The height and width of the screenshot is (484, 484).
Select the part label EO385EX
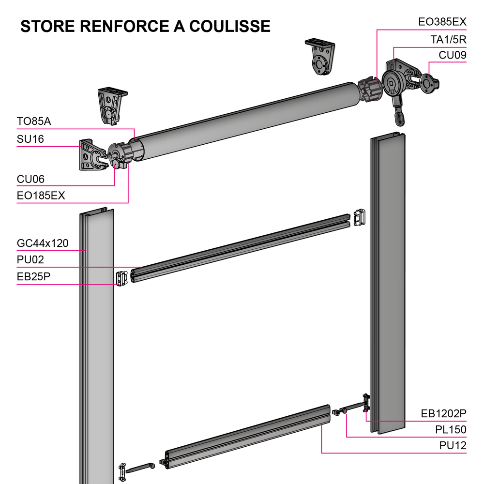point(442,22)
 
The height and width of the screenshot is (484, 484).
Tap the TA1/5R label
point(448,39)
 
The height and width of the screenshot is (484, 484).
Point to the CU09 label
point(453,55)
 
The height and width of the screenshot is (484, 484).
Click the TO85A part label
point(34,121)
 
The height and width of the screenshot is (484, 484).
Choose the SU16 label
point(30,139)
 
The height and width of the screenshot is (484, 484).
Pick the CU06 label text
point(30,179)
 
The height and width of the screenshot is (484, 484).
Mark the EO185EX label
point(41,196)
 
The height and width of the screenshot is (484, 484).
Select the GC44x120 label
point(43,243)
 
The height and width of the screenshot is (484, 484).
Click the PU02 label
point(30,260)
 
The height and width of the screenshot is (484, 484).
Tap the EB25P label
point(33,277)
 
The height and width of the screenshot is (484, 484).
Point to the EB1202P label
point(443,413)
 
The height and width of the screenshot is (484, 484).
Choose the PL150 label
point(451,429)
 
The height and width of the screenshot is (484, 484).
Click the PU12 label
point(453,445)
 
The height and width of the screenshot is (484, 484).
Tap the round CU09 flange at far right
point(428,83)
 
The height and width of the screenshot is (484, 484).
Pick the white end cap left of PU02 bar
point(121,278)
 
